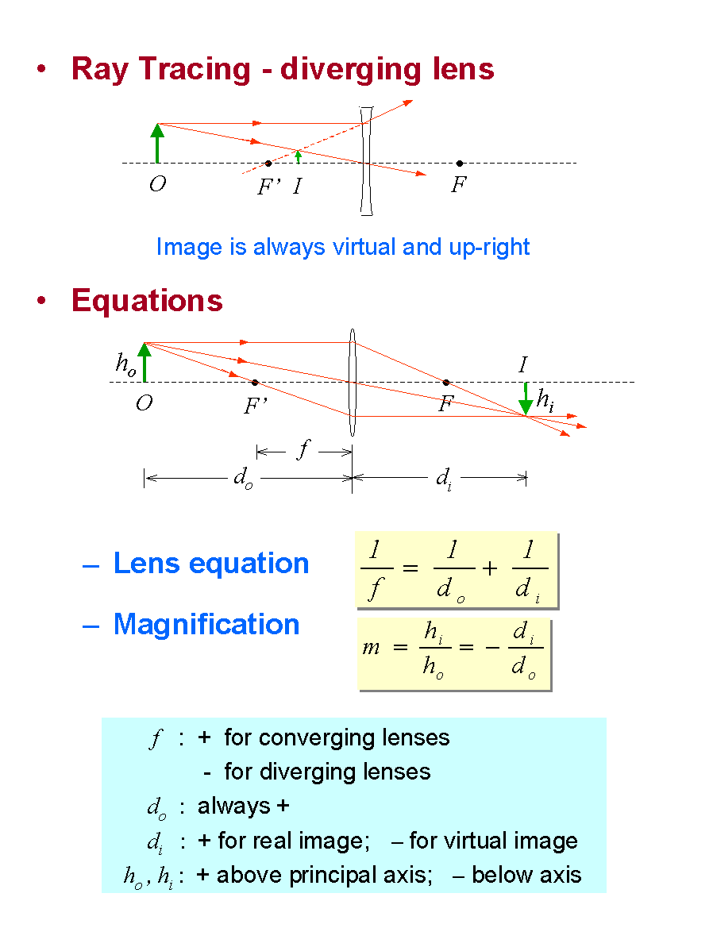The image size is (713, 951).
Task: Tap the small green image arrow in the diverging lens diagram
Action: pyautogui.click(x=298, y=156)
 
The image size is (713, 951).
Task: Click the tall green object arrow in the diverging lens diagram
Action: pyautogui.click(x=158, y=143)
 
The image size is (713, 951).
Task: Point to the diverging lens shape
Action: pyautogui.click(x=366, y=160)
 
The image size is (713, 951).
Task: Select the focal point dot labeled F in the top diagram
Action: pyautogui.click(x=460, y=164)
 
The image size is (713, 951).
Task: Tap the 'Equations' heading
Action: pyautogui.click(x=148, y=300)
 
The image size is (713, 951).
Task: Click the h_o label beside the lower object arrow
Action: pyautogui.click(x=125, y=364)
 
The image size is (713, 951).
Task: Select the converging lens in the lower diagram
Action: pyautogui.click(x=352, y=382)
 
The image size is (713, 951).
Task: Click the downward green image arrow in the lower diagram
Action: pyautogui.click(x=526, y=398)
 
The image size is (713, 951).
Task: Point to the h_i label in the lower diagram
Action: pyautogui.click(x=545, y=401)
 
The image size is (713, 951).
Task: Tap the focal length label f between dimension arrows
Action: pyautogui.click(x=303, y=450)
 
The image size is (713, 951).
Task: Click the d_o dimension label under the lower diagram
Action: pyautogui.click(x=243, y=478)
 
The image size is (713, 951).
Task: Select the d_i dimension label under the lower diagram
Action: pyautogui.click(x=444, y=479)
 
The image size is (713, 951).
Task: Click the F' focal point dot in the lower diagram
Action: pyautogui.click(x=255, y=382)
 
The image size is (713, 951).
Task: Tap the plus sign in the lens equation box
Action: pyautogui.click(x=490, y=568)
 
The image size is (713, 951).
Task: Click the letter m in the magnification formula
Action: pyautogui.click(x=371, y=649)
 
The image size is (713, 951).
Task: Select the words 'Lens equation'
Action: pyautogui.click(x=211, y=564)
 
